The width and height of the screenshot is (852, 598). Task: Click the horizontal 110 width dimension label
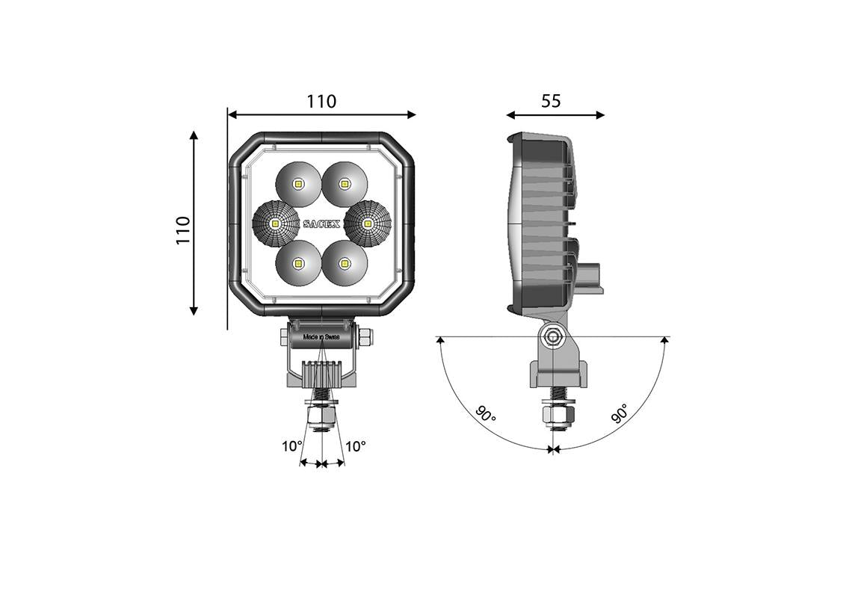[x=321, y=101]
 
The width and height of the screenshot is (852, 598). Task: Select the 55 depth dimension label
[x=551, y=101]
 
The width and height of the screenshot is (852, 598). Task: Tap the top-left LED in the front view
[x=298, y=182]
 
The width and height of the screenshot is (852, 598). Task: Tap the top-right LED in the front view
[x=345, y=182]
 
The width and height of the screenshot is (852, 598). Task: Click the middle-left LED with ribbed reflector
[x=275, y=223]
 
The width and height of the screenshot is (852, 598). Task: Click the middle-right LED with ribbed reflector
[x=368, y=223]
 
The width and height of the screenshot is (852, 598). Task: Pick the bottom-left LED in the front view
[x=298, y=263]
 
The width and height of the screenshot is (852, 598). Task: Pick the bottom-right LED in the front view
[x=345, y=263]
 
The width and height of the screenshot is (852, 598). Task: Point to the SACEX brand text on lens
[x=321, y=223]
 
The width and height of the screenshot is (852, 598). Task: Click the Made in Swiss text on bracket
[x=321, y=338]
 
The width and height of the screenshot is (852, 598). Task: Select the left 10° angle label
[x=291, y=446]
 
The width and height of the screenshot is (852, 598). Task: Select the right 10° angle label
[x=356, y=446]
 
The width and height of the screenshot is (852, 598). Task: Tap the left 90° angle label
[x=485, y=414]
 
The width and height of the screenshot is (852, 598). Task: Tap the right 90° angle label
[x=620, y=413]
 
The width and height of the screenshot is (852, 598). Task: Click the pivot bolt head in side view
[x=552, y=337]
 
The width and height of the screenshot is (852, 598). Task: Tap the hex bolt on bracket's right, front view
[x=365, y=338]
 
